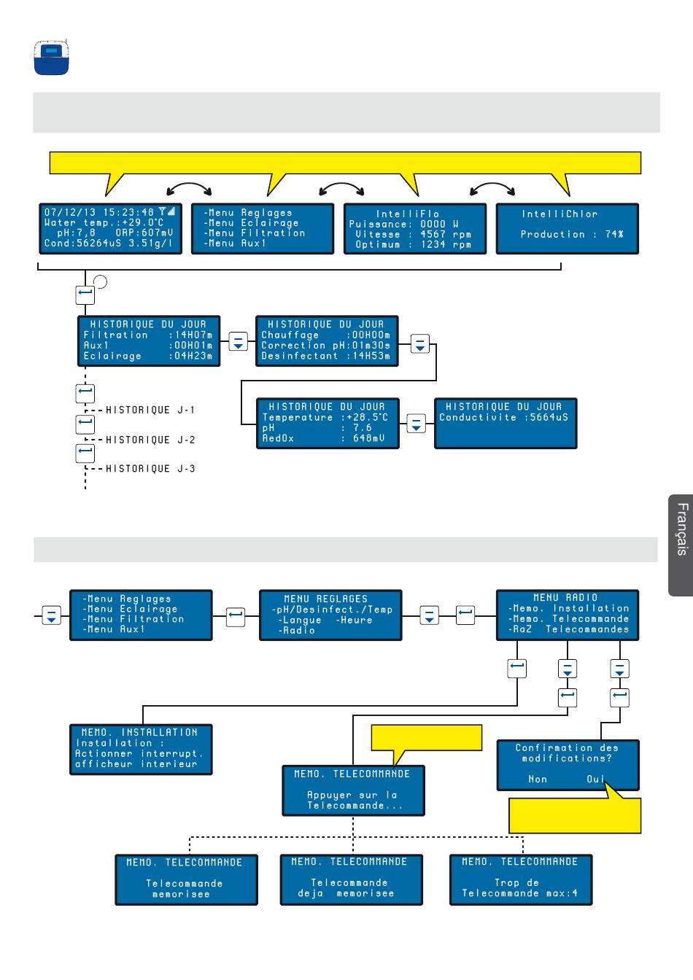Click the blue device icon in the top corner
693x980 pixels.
click(52, 58)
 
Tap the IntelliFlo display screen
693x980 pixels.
click(415, 229)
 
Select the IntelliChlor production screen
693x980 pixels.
click(568, 229)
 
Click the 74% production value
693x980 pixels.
click(614, 235)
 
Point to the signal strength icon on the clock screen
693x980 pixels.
click(167, 211)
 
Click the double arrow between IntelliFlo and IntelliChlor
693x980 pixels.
click(492, 188)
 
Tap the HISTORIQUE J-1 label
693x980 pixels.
click(150, 411)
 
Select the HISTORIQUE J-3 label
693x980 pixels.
click(150, 469)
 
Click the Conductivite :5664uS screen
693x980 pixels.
click(506, 424)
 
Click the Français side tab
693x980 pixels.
click(681, 545)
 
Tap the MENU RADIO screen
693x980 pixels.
click(568, 615)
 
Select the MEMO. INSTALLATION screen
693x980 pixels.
click(141, 750)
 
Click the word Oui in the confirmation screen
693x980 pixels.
click(595, 779)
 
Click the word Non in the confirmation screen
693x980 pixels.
click(538, 779)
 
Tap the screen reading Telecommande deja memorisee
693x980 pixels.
click(352, 880)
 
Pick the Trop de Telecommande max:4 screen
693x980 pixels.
click(521, 880)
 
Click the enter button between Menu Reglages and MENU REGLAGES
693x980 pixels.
click(236, 617)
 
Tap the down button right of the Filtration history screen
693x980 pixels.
click(238, 341)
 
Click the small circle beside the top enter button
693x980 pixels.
click(100, 281)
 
